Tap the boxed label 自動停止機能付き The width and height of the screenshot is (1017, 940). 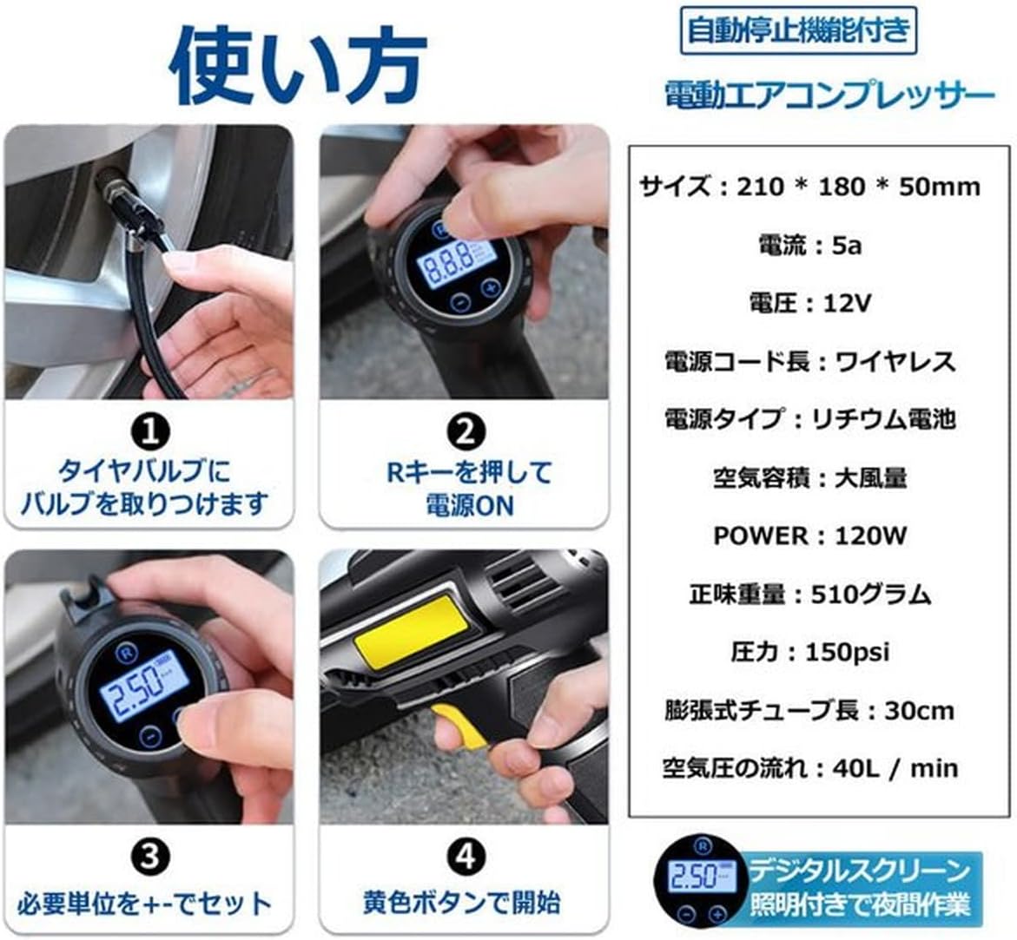pos(797,30)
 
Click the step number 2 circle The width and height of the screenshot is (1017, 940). pos(466,431)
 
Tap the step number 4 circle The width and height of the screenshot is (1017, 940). pos(466,858)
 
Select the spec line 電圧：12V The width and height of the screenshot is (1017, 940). pos(809,303)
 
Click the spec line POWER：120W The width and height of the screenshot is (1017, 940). pos(809,536)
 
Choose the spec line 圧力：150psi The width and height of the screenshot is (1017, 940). pos(809,652)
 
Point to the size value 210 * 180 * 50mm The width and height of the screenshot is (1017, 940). pos(858,187)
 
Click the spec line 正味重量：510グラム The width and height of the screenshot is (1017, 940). pos(809,594)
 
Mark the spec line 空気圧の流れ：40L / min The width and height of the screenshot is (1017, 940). pos(809,768)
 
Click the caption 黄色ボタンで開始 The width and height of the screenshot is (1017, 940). pos(461,903)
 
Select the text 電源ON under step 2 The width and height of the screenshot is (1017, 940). pos(469,506)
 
